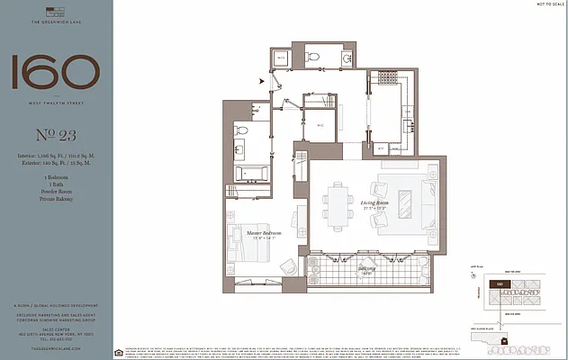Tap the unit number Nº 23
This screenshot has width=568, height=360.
[x=55, y=139]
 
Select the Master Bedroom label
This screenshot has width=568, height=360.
[x=262, y=233]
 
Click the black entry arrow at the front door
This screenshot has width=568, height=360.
[x=263, y=82]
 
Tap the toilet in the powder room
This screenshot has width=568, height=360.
[x=314, y=57]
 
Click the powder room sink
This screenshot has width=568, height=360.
[x=346, y=58]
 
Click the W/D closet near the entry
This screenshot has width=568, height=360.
[x=281, y=58]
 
